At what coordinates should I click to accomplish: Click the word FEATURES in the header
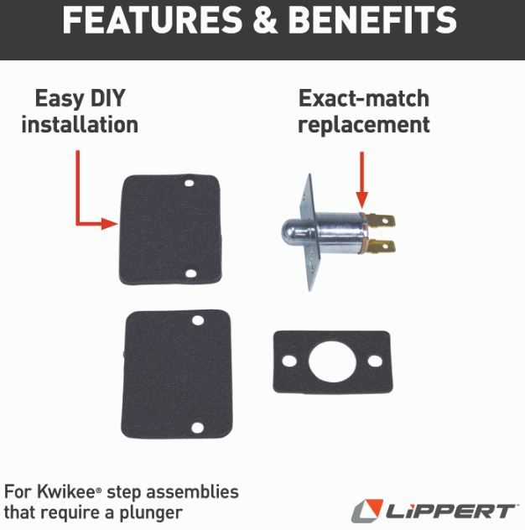pyautogui.click(x=153, y=20)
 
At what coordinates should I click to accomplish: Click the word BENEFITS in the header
pyautogui.click(x=372, y=20)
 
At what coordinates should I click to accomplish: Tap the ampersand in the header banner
pyautogui.click(x=265, y=20)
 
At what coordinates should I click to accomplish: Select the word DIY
pyautogui.click(x=108, y=98)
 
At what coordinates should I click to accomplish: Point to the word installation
pyautogui.click(x=80, y=124)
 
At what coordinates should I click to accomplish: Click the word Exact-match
pyautogui.click(x=364, y=98)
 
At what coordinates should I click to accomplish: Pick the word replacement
pyautogui.click(x=364, y=126)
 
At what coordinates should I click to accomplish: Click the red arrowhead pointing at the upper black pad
pyautogui.click(x=110, y=223)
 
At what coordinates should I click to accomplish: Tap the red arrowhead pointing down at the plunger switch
pyautogui.click(x=361, y=200)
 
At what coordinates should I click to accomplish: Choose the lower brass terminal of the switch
pyautogui.click(x=382, y=247)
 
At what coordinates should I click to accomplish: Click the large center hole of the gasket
pyautogui.click(x=333, y=361)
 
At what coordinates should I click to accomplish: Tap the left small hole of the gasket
pyautogui.click(x=289, y=361)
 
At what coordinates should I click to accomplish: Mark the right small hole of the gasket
pyautogui.click(x=375, y=361)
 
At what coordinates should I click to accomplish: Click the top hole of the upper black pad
pyautogui.click(x=190, y=183)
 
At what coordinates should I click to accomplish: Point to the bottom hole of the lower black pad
pyautogui.click(x=197, y=428)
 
